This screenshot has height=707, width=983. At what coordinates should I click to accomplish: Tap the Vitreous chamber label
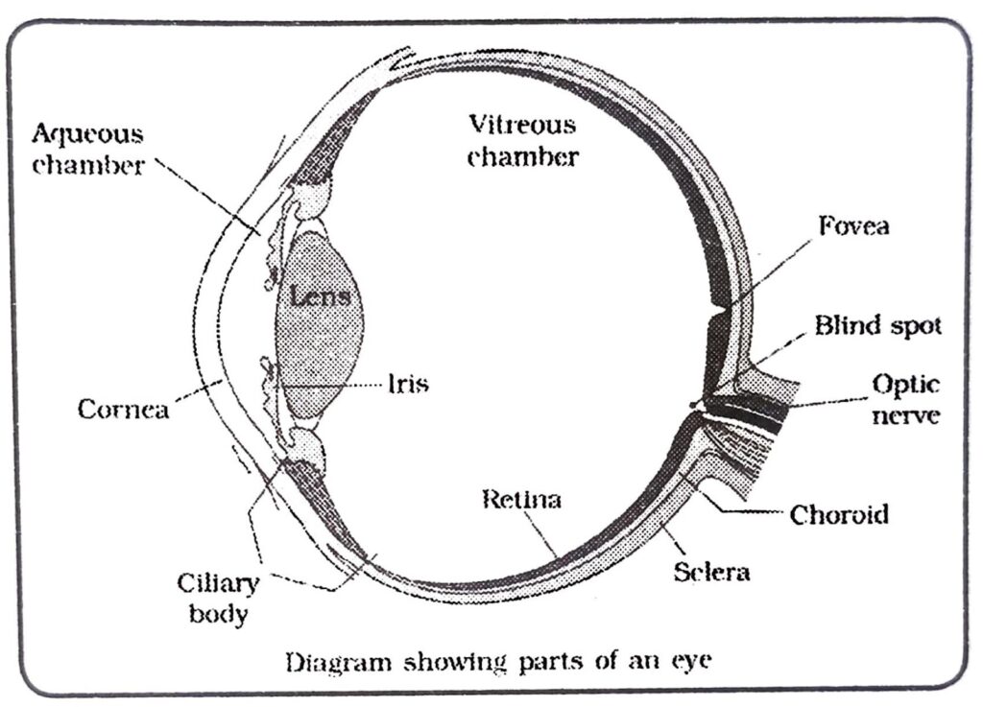(x=522, y=140)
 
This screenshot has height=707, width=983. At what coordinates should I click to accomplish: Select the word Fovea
(x=853, y=226)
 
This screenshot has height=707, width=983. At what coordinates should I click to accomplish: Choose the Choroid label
(x=839, y=515)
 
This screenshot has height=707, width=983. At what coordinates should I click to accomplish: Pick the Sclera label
(x=710, y=572)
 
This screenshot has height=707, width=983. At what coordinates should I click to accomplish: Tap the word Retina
(x=521, y=500)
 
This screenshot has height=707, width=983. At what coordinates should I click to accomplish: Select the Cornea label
(x=123, y=409)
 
